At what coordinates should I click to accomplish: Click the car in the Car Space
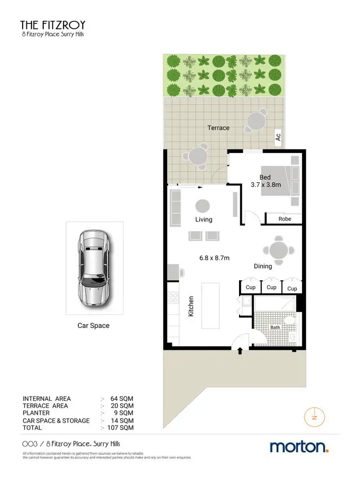[94, 269]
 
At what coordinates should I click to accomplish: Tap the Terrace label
[218, 128]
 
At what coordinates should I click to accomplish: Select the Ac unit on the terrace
[278, 137]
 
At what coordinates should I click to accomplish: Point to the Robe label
[285, 219]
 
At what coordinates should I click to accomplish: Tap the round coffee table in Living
[203, 206]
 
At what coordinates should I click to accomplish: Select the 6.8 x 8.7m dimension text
[215, 258]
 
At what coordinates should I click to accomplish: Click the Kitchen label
[191, 305]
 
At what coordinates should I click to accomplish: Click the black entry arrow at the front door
[240, 351]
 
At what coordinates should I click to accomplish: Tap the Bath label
[275, 327]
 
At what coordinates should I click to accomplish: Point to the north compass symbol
[314, 416]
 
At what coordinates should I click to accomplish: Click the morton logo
[299, 447]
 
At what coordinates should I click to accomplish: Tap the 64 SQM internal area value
[123, 399]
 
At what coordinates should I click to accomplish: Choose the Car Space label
[94, 325]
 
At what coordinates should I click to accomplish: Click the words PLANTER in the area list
[36, 413]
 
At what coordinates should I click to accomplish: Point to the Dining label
[263, 266]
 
